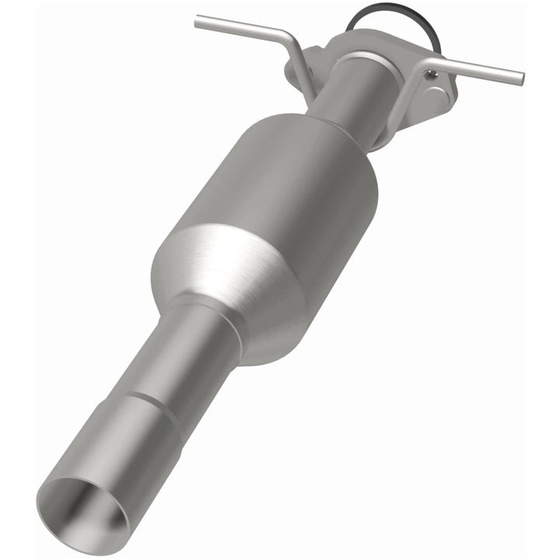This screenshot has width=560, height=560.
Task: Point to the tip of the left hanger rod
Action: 198,19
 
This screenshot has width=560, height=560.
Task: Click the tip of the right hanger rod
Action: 519,78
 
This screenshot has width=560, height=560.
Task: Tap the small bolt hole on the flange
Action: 432,75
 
